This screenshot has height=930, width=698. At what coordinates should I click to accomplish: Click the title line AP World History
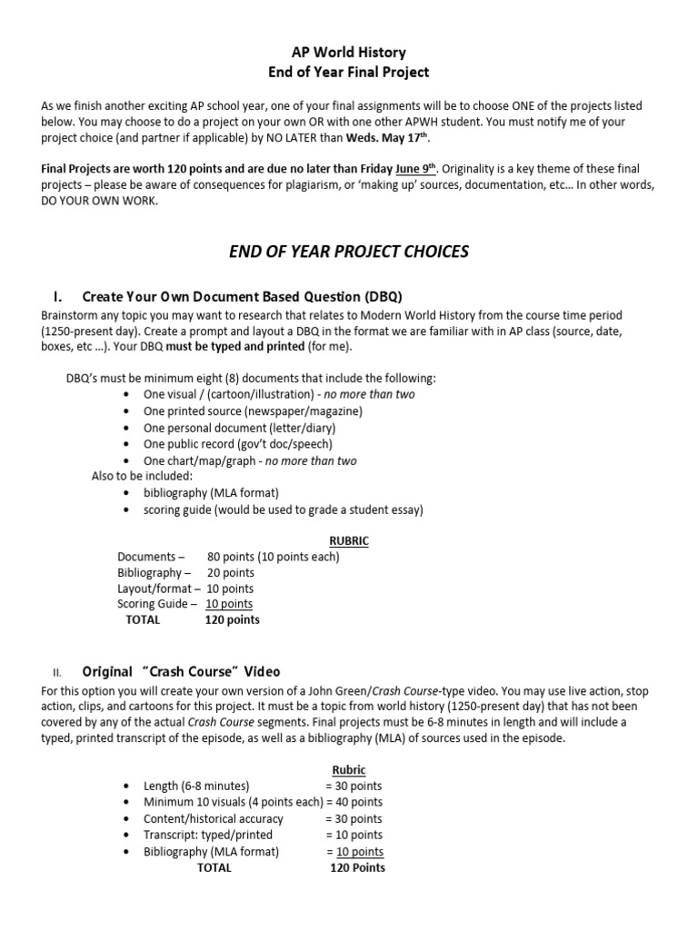click(349, 53)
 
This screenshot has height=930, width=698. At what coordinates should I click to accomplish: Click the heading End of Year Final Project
click(349, 72)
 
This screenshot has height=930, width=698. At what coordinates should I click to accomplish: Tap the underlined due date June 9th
click(416, 168)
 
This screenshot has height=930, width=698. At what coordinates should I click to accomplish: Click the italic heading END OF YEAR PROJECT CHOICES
click(349, 251)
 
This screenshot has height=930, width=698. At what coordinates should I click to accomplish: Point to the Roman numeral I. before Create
click(58, 296)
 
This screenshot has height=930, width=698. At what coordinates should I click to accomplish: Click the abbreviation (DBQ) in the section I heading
click(383, 296)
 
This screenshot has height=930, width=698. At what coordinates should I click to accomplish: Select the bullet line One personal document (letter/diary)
click(239, 428)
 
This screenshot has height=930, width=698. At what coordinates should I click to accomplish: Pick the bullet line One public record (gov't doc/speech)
click(238, 444)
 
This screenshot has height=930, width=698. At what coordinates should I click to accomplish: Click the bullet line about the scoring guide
click(284, 510)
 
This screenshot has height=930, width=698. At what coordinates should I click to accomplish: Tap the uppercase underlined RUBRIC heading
click(349, 540)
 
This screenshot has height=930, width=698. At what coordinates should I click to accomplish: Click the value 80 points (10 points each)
click(273, 557)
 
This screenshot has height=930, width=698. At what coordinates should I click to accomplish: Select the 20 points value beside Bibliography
click(231, 573)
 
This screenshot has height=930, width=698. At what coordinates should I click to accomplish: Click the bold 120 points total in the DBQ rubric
click(232, 620)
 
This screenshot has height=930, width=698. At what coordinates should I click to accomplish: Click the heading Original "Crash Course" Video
click(182, 672)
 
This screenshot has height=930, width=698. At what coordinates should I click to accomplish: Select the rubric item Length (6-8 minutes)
click(196, 786)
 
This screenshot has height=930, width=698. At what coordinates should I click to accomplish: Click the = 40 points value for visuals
click(354, 802)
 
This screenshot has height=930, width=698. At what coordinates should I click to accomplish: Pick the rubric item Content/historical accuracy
click(214, 818)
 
